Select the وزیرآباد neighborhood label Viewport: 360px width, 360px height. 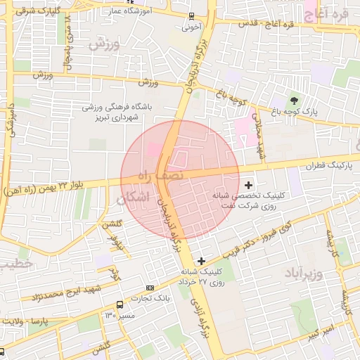(304, 272)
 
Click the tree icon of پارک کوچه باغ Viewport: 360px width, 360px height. (293, 98)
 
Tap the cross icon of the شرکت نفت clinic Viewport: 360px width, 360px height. (249, 184)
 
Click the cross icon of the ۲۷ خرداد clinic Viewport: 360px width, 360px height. (202, 261)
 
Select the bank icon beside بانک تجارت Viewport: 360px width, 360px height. (150, 288)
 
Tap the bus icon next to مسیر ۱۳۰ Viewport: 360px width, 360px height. (120, 305)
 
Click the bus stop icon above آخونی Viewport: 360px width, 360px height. (191, 16)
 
